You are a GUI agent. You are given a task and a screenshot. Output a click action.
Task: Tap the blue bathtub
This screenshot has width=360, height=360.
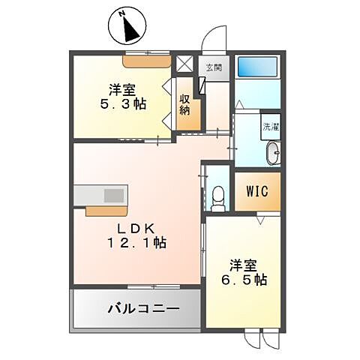point(256,66)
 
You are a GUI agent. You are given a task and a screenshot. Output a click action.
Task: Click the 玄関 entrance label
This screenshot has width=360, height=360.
point(214,67)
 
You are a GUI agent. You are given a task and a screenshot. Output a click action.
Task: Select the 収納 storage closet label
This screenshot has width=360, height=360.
point(185,106)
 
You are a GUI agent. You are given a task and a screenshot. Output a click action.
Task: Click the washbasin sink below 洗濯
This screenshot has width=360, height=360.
point(274,154)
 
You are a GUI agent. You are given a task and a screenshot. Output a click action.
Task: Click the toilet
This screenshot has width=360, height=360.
point(218,196)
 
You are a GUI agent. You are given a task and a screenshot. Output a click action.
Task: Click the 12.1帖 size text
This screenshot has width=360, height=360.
point(137,243)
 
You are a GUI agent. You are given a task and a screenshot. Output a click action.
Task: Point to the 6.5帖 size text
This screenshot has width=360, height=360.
point(244,280)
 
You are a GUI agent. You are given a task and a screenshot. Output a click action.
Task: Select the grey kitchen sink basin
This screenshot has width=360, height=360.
point(113,195)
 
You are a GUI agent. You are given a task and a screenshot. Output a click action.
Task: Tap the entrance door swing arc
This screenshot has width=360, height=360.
point(214,36)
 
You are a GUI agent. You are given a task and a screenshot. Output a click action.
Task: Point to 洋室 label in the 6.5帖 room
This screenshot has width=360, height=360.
point(244,263)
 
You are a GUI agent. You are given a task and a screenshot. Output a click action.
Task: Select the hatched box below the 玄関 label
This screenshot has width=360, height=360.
point(201,84)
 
